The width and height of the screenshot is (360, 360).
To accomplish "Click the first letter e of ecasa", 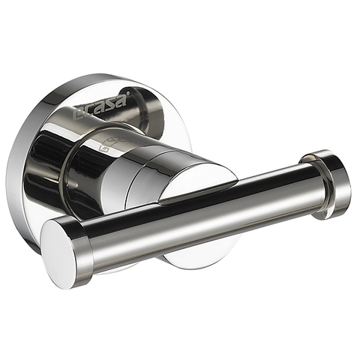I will coord(79,115).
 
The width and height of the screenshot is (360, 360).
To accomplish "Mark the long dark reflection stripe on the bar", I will coord(202,202).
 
